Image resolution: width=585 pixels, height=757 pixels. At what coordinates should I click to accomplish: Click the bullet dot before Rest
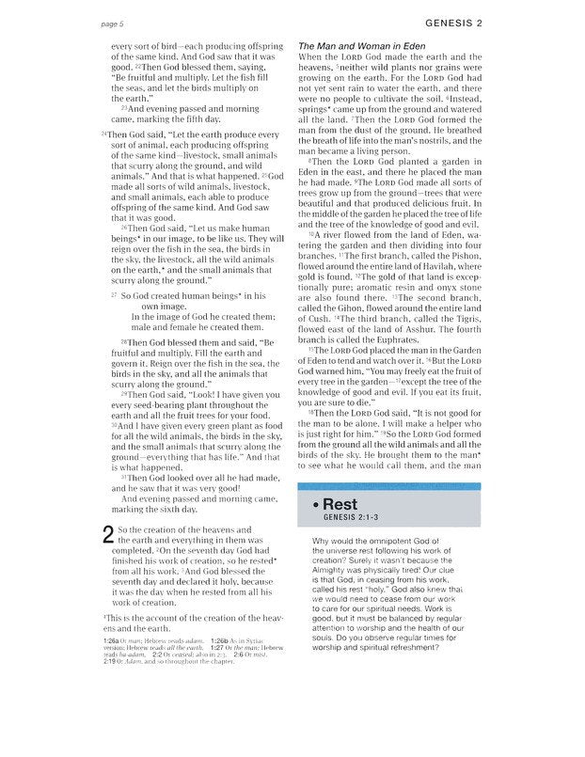[x=313, y=505]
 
